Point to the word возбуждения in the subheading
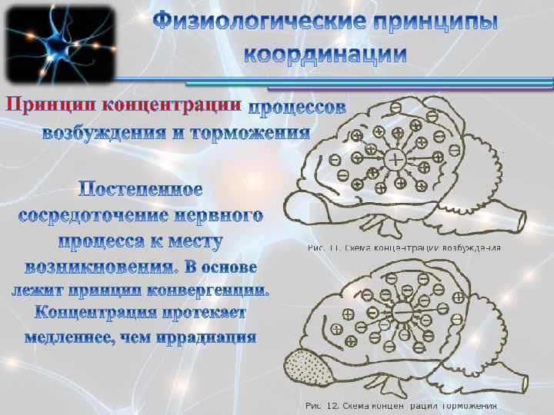click(x=103, y=133)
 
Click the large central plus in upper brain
click(x=395, y=160)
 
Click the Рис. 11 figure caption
click(x=404, y=248)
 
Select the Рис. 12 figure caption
click(x=401, y=405)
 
